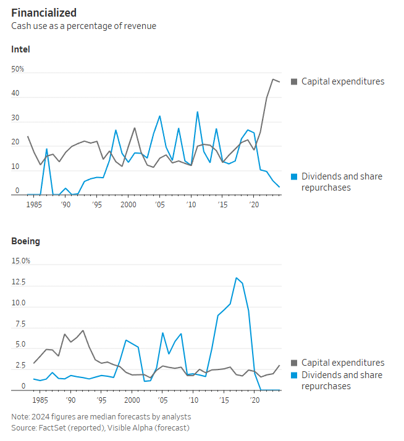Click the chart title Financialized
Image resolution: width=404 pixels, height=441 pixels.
coord(44,12)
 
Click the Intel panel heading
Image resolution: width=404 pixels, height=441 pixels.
coord(20,49)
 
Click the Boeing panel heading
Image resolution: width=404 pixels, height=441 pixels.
coord(25,241)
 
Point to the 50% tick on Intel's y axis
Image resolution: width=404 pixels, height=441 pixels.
coord(18,69)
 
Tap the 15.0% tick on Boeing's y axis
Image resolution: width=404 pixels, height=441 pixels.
coord(21,261)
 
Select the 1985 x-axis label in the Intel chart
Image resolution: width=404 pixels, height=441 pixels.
coord(35,204)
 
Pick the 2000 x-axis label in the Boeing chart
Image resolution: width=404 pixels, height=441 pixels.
coord(128,399)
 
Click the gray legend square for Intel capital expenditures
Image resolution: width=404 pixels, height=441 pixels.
coord(294,82)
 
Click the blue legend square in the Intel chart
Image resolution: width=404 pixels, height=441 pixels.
coord(294,177)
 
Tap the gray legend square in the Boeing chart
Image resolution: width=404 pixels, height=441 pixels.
coord(294,363)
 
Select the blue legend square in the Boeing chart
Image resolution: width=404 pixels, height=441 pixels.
coord(294,375)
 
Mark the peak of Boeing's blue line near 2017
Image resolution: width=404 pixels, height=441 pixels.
coord(236,278)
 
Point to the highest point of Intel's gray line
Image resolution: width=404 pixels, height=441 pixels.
coord(273,79)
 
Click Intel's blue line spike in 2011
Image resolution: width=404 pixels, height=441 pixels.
coord(197,112)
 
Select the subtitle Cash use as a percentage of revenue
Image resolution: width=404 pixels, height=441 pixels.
coord(83,26)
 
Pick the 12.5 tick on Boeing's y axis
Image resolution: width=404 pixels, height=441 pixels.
coord(19,282)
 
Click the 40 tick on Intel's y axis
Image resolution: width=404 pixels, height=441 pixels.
coord(15,94)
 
